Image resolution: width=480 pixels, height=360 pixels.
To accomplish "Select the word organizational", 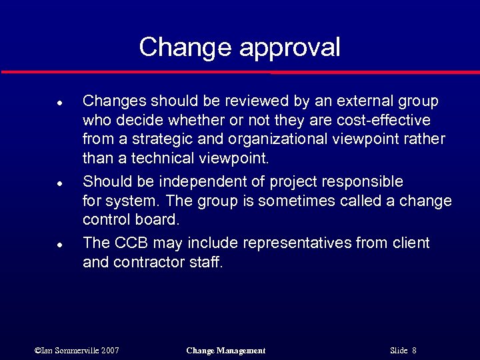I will pyautogui.click(x=277, y=140).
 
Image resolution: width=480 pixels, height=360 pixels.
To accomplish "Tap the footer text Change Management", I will pyautogui.click(x=225, y=351).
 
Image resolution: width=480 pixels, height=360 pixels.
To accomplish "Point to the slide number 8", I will pyautogui.click(x=414, y=351).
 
